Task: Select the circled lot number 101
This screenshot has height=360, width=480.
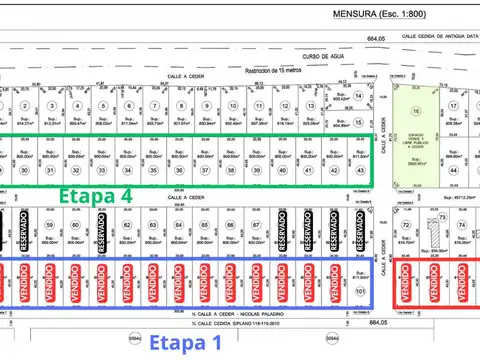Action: pyautogui.click(x=360, y=293)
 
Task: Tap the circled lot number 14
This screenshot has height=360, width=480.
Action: pyautogui.click(x=334, y=105)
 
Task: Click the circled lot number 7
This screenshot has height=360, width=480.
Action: pyautogui.click(x=154, y=105)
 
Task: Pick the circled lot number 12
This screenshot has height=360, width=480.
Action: pyautogui.click(x=283, y=105)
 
